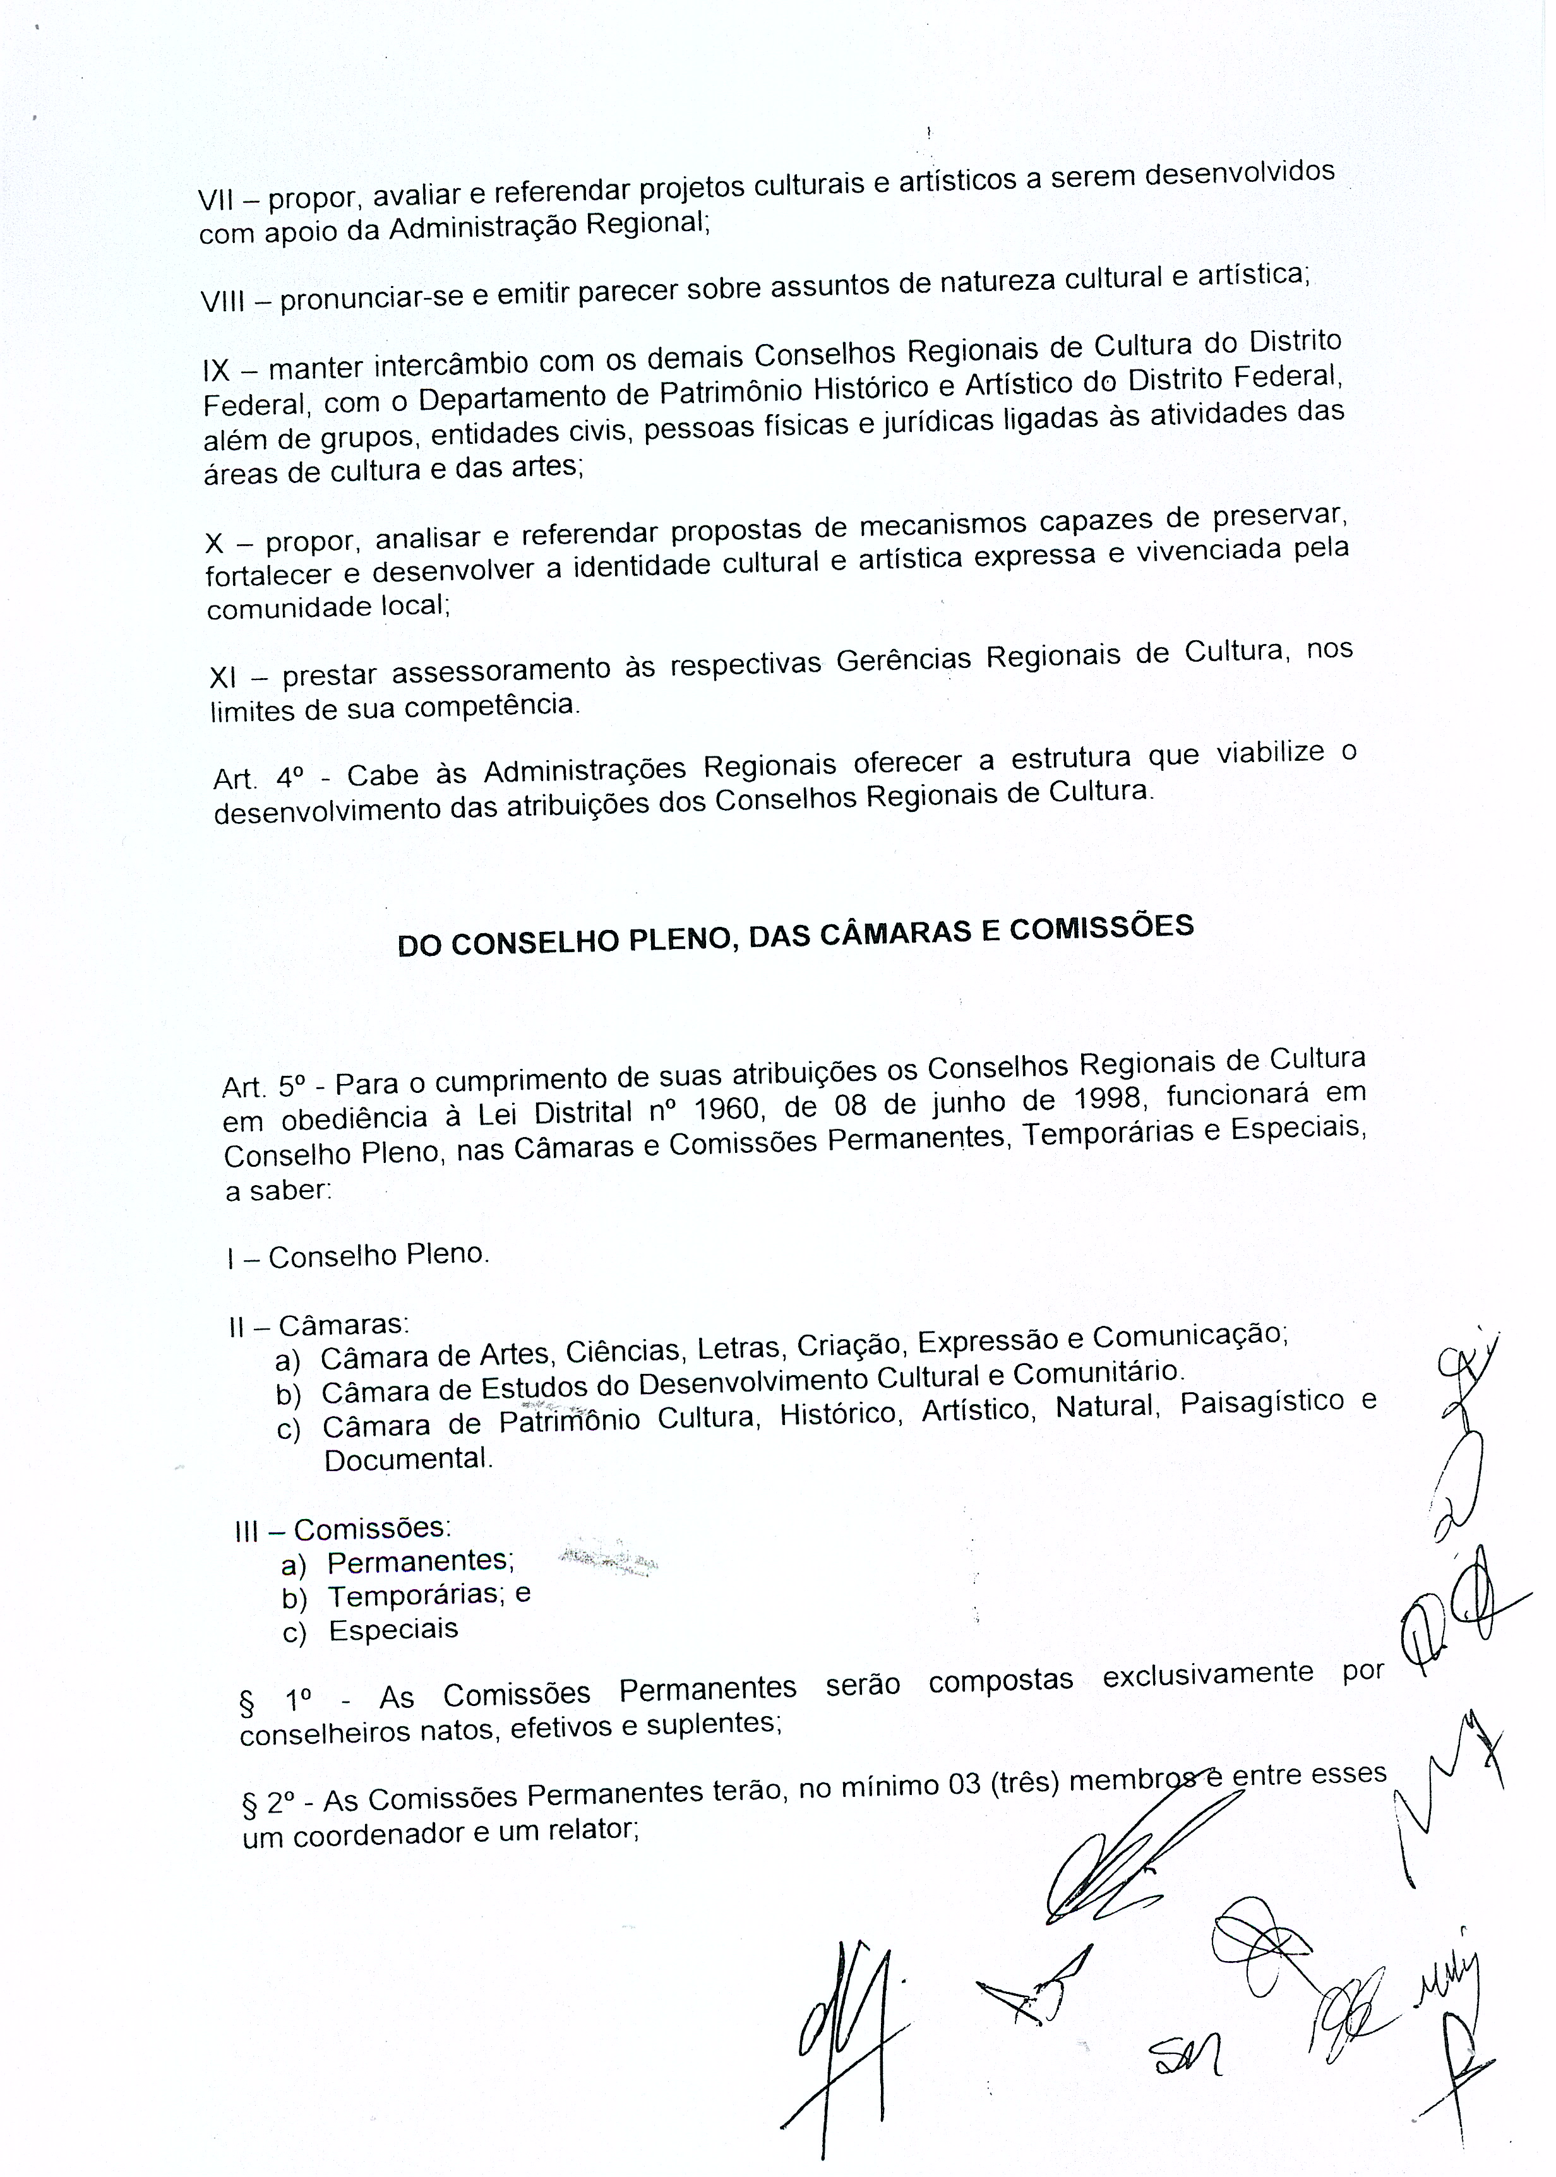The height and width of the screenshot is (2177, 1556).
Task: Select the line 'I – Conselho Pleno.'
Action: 358,1256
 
